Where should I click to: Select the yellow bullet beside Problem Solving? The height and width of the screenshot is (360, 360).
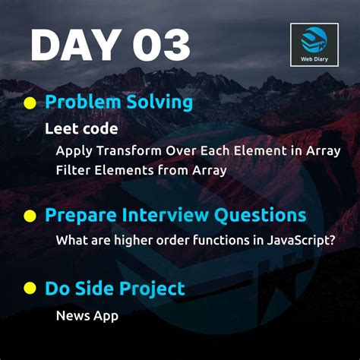pos(30,103)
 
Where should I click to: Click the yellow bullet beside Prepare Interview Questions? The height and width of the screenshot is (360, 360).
pos(30,216)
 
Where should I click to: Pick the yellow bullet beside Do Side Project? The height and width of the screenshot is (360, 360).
pos(30,289)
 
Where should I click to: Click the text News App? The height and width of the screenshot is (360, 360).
pos(87,314)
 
